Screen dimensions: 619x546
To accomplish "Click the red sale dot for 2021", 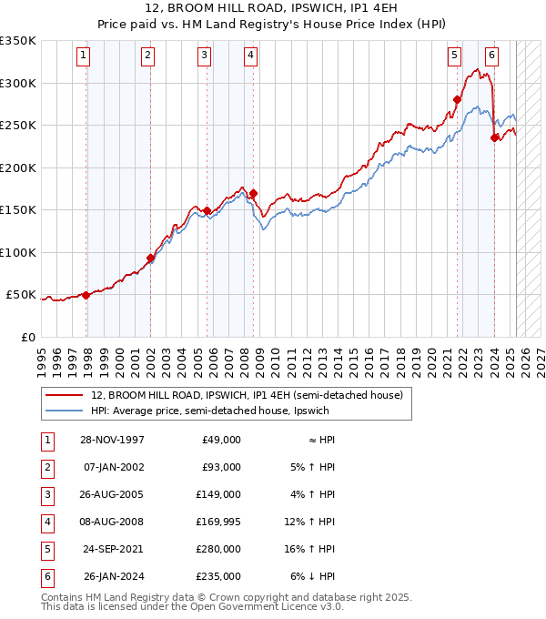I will [x=457, y=100].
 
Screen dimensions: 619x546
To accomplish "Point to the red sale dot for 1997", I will [x=86, y=295].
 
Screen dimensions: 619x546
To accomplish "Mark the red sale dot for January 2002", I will [x=150, y=258].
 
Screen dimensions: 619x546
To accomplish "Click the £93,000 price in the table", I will [x=219, y=467].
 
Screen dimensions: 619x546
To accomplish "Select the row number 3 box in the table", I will [x=46, y=494].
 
